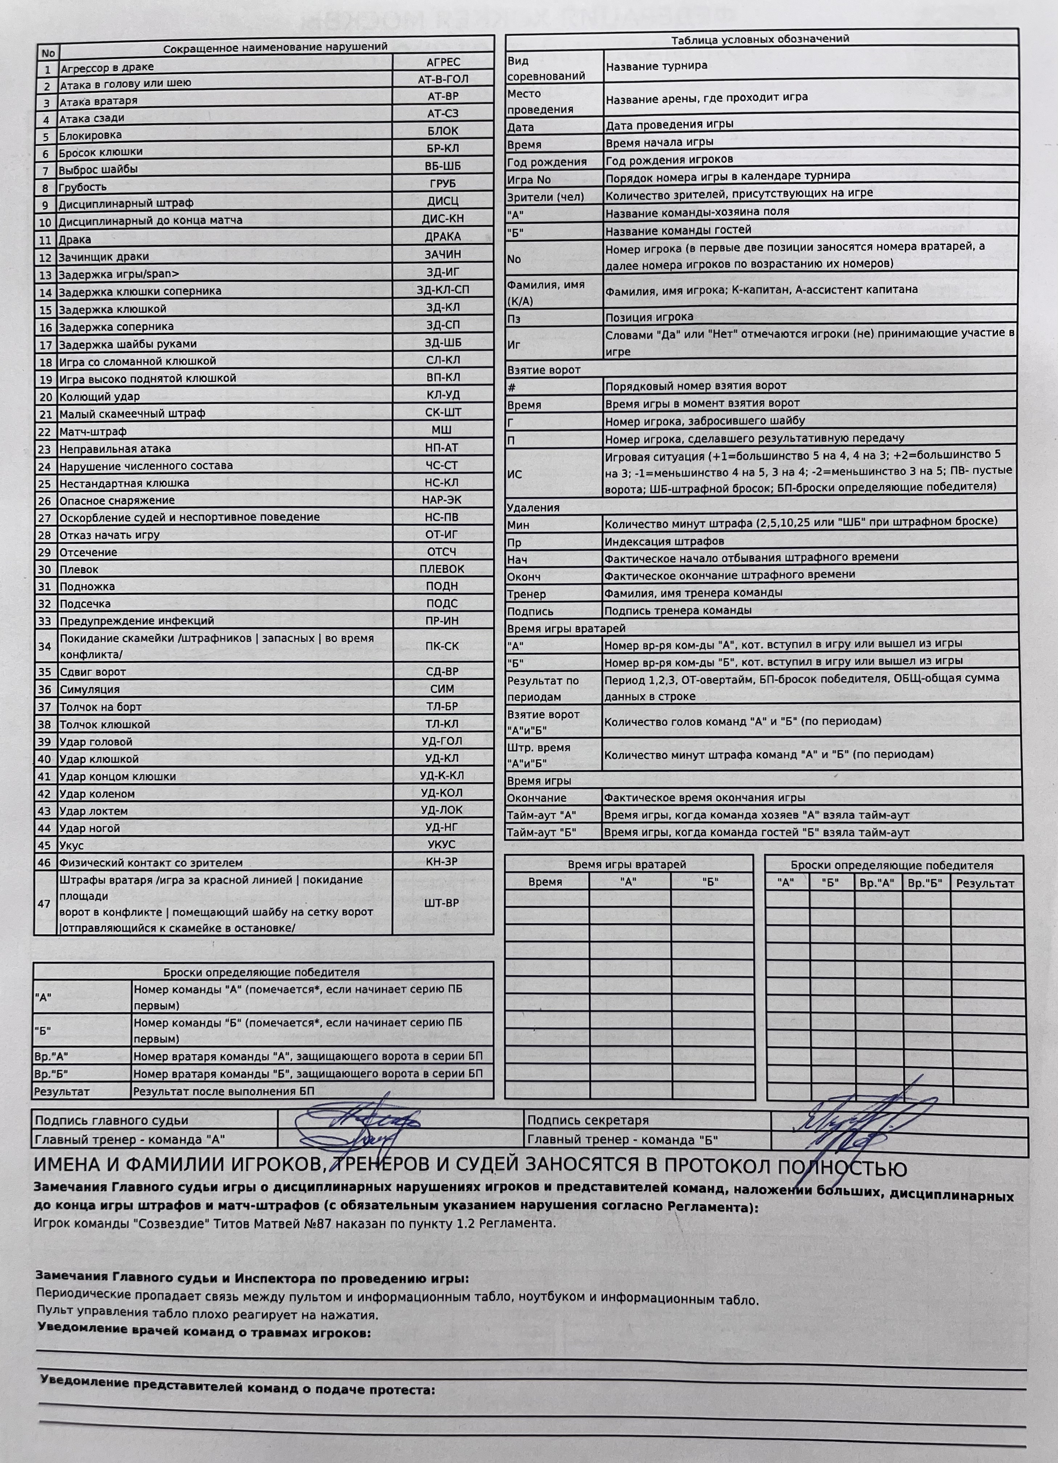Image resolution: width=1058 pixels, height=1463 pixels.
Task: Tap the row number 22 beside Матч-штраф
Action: tap(45, 431)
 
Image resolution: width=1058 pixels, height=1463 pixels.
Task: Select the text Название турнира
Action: tap(656, 66)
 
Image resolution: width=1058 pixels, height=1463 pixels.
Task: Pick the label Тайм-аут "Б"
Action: tap(542, 833)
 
